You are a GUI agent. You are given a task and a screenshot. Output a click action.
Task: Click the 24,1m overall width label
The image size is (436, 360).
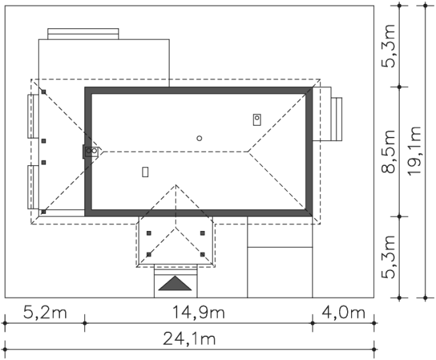pos(189,339)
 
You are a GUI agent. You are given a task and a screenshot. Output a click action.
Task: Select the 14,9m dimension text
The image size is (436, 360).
pos(198,312)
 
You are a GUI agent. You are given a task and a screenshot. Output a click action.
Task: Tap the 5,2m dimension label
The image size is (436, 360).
pos(45,312)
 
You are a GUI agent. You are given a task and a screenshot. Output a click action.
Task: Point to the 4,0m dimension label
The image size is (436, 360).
pos(343,312)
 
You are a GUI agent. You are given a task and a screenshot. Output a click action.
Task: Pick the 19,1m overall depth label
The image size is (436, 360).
pos(414,151)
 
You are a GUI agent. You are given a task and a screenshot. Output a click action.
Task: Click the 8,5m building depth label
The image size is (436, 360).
pos(388,151)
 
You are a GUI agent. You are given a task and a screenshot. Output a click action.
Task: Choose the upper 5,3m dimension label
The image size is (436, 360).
pos(388,46)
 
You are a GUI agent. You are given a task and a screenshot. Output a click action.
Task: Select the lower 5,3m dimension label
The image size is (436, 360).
pos(388,257)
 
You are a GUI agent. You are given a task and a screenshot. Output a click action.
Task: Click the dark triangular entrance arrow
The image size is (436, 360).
pos(175,284)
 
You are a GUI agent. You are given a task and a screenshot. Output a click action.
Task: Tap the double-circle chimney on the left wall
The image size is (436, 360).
pos(92,151)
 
